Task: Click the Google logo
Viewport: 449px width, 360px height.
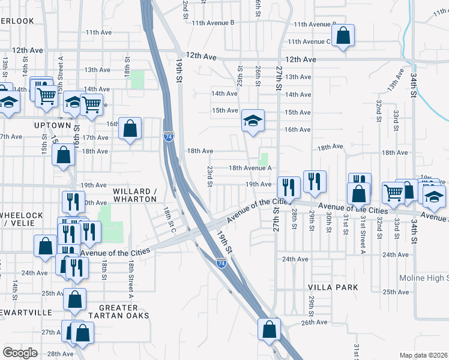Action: pos(20,353)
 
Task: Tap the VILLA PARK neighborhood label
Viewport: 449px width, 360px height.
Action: pos(333,287)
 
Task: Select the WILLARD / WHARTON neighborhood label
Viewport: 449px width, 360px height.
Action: pos(134,195)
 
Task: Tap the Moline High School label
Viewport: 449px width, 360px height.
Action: pos(424,278)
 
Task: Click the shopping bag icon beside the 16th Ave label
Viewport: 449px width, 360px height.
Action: pos(130,128)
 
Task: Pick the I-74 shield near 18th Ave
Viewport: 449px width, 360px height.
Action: pos(169,137)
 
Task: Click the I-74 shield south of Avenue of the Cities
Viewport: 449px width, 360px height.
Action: pos(221,262)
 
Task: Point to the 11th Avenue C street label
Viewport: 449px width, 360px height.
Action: pos(309,41)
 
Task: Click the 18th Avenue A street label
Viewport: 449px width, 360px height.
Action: pos(250,169)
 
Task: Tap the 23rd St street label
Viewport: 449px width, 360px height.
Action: pos(210,176)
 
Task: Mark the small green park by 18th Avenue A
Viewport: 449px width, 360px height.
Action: pos(263,159)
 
